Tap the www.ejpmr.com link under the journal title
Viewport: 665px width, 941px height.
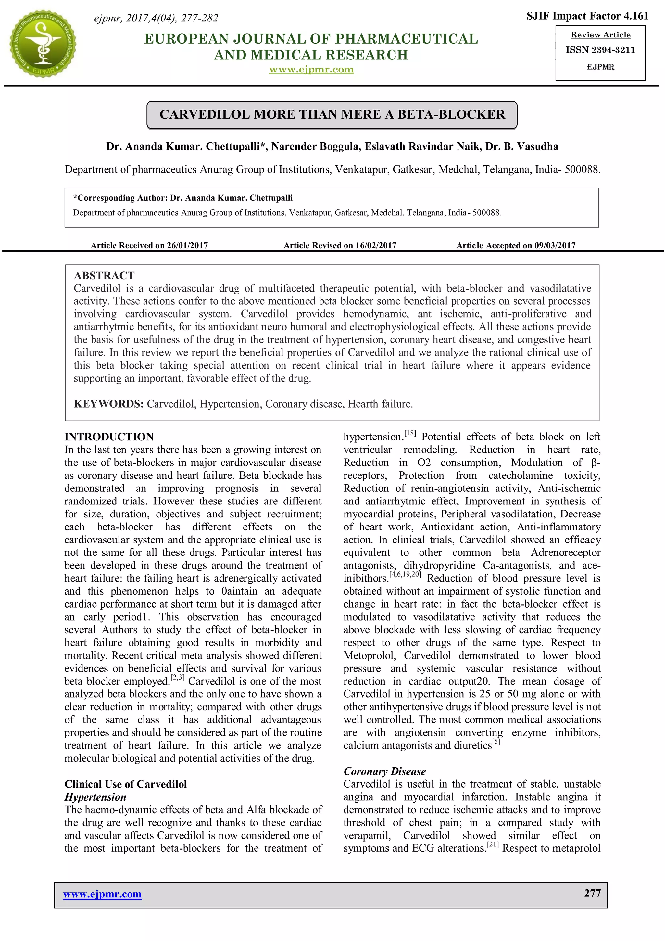[311, 69]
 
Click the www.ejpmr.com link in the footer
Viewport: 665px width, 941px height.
[102, 894]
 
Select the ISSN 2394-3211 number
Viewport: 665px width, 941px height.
[600, 50]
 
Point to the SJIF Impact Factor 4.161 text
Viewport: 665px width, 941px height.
[587, 16]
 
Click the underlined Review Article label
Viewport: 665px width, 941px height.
[601, 35]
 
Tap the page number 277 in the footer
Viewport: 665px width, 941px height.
[593, 893]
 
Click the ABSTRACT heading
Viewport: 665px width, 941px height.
[104, 275]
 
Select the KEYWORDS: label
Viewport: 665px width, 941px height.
[108, 404]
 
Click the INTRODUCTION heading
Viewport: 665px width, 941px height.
[109, 437]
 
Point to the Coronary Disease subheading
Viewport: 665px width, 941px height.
[384, 771]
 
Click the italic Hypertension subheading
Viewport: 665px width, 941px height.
[95, 797]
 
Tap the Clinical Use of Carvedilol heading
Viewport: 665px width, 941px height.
[125, 784]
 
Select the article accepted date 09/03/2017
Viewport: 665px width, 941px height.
[555, 245]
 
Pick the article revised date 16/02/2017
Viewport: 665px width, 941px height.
[375, 245]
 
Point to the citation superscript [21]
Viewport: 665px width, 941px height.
[493, 845]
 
